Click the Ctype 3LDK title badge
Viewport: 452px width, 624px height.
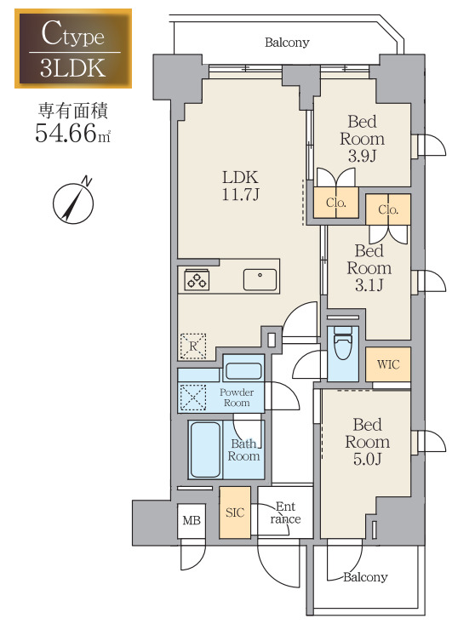pos(73,49)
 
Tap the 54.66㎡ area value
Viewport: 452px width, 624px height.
pos(73,134)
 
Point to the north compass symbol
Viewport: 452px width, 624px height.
pos(72,201)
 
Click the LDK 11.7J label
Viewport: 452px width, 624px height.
pos(240,186)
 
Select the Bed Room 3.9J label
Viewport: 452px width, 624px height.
pos(362,139)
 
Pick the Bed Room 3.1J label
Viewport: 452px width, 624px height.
pos(369,268)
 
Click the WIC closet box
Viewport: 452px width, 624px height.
pos(388,364)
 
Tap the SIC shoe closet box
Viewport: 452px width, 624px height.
pos(235,512)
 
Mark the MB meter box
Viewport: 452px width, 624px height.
pos(192,520)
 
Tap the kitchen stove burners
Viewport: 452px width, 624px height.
pos(197,280)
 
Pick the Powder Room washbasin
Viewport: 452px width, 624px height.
pos(243,371)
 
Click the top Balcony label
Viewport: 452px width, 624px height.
pos(287,42)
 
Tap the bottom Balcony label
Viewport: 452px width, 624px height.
pos(365,577)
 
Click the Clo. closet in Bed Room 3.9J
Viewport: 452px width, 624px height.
pos(335,203)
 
